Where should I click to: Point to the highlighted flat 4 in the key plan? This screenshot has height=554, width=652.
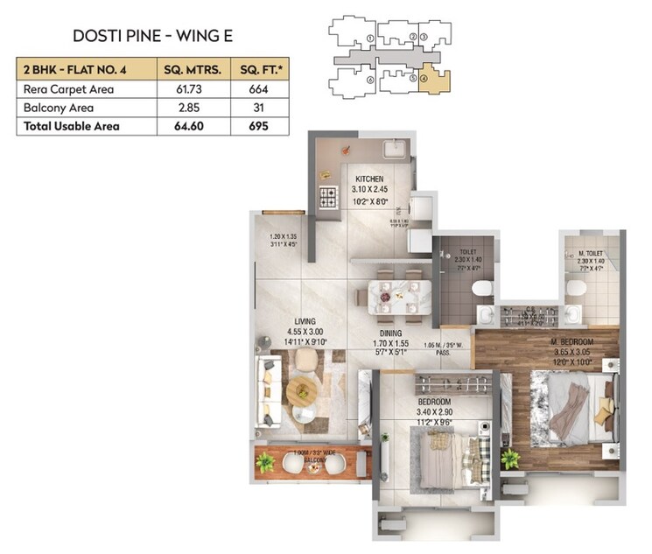tap(431, 80)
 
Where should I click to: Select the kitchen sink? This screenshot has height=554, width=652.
tap(393, 147)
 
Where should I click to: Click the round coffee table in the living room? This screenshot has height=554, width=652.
tap(301, 390)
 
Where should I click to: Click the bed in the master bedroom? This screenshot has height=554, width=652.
tap(574, 406)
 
